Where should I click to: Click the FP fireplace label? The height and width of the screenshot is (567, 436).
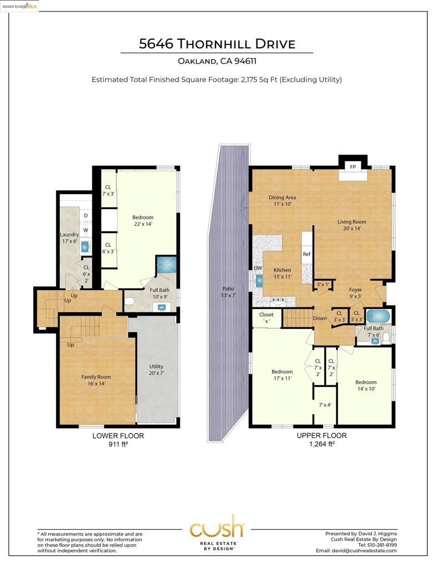coord(353,167)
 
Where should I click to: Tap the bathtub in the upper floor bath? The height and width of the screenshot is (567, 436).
coord(378,317)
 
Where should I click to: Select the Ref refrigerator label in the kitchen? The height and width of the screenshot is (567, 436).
coord(306,254)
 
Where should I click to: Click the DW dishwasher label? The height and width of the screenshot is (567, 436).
coord(258,269)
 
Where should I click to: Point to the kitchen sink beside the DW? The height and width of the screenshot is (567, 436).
coord(259,281)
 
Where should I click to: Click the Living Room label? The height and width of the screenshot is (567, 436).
coord(352,225)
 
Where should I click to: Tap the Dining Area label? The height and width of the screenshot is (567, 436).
coord(282,200)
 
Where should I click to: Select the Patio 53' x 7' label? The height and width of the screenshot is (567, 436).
coord(228,292)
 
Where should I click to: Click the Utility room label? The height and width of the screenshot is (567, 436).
coord(156,369)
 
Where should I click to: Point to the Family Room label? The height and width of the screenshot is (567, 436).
coord(96,380)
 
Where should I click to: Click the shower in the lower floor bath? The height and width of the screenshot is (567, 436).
coord(166,264)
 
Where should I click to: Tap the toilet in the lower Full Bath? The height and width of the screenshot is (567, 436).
coord(130,301)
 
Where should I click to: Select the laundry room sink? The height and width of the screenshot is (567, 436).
coord(85,247)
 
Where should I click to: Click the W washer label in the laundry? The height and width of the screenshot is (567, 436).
coord(86,230)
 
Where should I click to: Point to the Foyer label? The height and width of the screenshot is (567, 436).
coord(355,293)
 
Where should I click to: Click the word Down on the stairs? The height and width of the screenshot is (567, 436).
coord(320,318)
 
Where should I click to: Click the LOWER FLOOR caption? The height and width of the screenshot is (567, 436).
coord(118,436)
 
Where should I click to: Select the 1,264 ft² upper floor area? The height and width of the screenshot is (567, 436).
coord(322,444)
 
